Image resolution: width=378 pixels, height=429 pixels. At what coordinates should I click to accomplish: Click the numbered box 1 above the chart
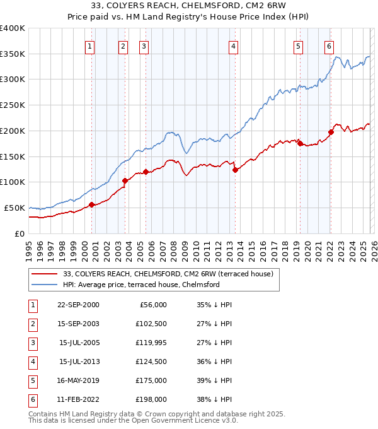click(x=90, y=46)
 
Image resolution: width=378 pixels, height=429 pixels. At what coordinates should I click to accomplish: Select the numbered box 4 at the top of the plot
click(x=233, y=46)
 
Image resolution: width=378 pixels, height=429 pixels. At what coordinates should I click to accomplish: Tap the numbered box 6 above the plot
click(x=329, y=46)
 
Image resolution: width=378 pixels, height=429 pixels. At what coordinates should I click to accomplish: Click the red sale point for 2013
click(x=235, y=169)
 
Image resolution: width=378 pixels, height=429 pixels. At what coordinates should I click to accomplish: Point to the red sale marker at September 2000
click(x=91, y=204)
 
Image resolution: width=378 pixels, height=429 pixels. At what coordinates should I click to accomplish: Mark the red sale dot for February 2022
click(x=331, y=132)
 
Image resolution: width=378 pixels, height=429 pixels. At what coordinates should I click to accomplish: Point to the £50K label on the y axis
click(x=14, y=208)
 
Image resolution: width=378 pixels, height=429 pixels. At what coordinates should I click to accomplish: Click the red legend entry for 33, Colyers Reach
click(x=168, y=274)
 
